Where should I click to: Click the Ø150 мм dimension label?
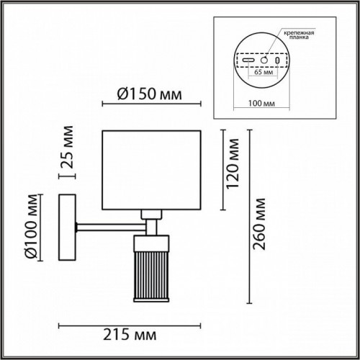click(x=148, y=94)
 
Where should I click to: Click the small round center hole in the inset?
click(x=264, y=60)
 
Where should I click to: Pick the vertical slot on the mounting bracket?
click(x=278, y=60)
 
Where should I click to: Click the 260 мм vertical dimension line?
click(x=248, y=216)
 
